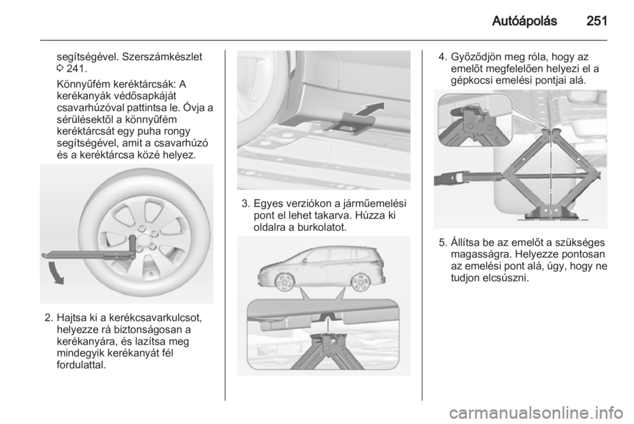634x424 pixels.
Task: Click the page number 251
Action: click(596, 21)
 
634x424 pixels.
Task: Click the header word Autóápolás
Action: click(524, 21)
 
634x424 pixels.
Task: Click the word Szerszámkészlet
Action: click(162, 56)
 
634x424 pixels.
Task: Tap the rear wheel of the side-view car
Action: click(359, 282)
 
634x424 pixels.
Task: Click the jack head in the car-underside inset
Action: click(329, 337)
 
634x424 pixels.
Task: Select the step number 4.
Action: click(442, 57)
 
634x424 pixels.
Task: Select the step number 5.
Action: click(442, 242)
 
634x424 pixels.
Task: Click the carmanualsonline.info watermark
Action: click(536, 413)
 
